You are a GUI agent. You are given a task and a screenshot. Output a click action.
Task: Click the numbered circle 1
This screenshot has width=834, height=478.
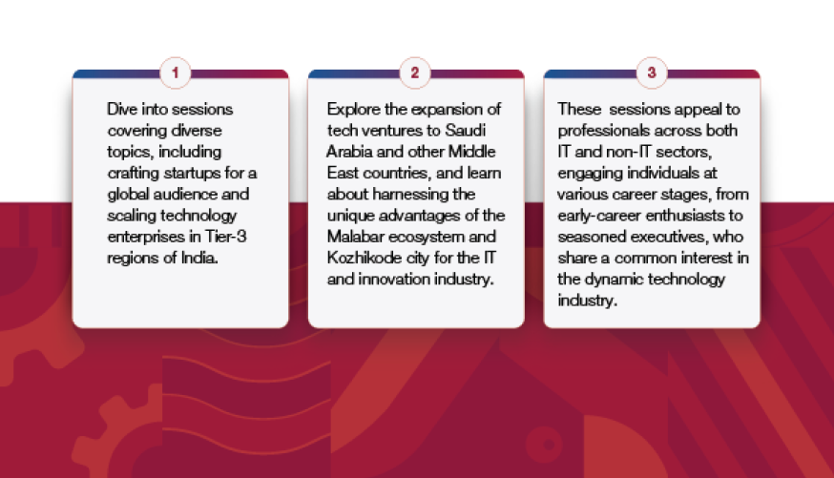click(x=175, y=73)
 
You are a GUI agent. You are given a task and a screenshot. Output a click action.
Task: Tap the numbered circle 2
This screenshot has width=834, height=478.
click(x=415, y=73)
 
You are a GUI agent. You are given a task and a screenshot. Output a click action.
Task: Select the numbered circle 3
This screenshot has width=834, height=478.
click(x=652, y=73)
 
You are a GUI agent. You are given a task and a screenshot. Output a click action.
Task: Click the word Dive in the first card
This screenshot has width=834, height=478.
click(x=122, y=109)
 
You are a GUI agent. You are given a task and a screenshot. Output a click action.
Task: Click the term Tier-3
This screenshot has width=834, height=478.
click(x=225, y=237)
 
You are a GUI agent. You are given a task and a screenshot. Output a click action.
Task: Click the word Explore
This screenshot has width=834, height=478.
click(x=353, y=110)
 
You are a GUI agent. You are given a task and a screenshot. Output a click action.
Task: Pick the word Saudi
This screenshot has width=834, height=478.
click(x=465, y=131)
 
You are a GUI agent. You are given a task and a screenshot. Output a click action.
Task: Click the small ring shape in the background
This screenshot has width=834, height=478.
click(x=544, y=444)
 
